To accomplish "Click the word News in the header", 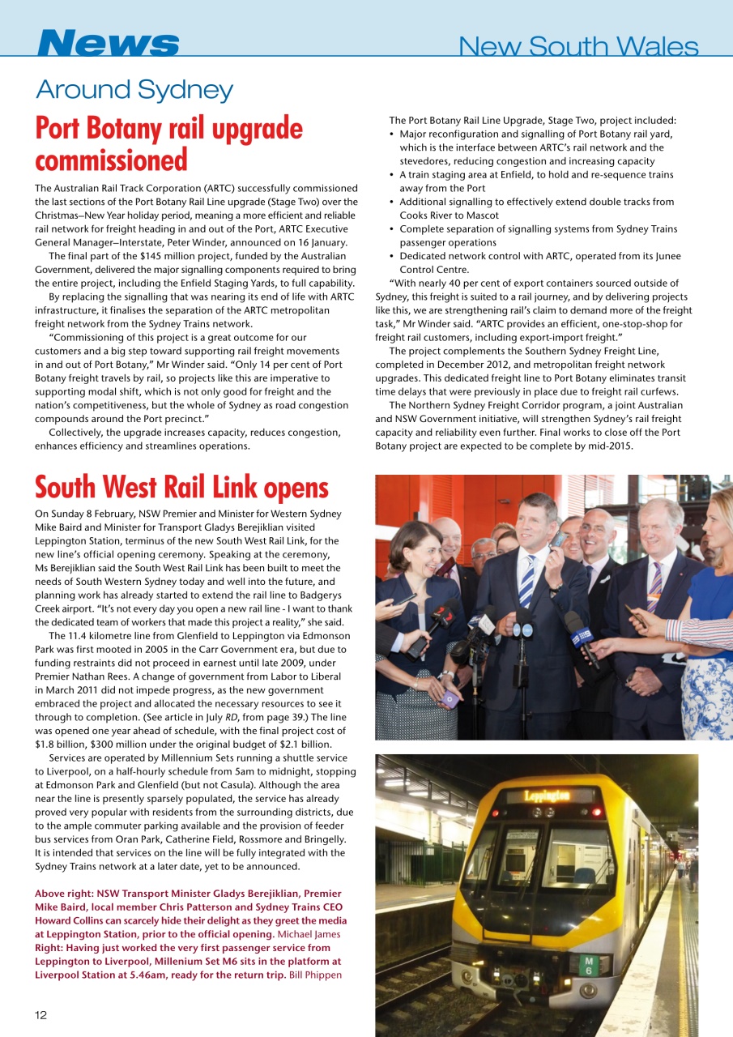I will [108, 44].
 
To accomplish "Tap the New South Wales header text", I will [577, 47].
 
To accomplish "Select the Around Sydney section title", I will [134, 90].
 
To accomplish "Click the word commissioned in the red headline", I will [111, 160].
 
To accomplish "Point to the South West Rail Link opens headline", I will [181, 488].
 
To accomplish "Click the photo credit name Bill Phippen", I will [315, 975].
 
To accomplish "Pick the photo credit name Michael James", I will [311, 934].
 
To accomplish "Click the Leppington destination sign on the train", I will [548, 796].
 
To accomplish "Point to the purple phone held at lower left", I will [450, 699].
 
